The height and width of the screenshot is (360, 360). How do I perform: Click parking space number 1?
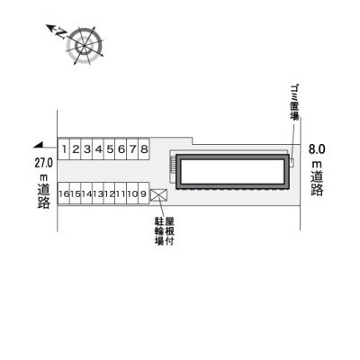(x=64, y=148)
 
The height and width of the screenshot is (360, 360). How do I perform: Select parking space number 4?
(x=98, y=148)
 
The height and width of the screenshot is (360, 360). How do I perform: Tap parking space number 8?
(x=144, y=148)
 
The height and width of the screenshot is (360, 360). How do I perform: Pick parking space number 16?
(x=64, y=193)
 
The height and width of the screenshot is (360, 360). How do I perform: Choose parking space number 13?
(x=98, y=193)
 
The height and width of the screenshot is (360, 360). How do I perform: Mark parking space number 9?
(x=144, y=193)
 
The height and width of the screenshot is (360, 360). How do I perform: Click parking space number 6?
(x=121, y=148)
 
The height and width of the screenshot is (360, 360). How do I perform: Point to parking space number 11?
(x=121, y=193)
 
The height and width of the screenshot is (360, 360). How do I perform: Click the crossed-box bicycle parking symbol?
(x=159, y=194)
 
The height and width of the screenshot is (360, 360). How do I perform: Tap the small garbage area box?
(x=292, y=162)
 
